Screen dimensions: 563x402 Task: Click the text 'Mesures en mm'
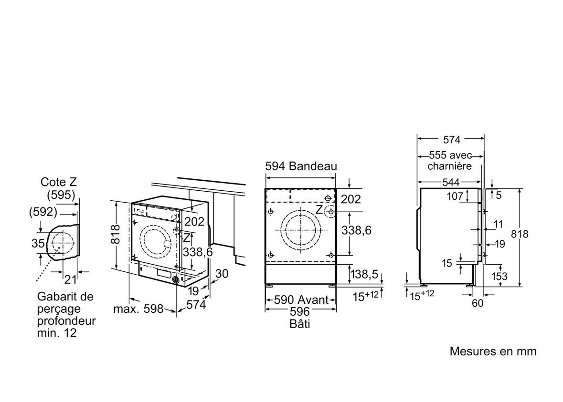pyautogui.click(x=493, y=351)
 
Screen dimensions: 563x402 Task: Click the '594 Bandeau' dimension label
pyautogui.click(x=301, y=166)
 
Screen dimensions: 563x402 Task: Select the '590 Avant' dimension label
pyautogui.click(x=301, y=300)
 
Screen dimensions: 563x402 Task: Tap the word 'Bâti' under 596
pyautogui.click(x=300, y=323)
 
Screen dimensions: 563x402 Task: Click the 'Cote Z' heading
pyautogui.click(x=59, y=182)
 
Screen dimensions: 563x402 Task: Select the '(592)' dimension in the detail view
pyautogui.click(x=43, y=212)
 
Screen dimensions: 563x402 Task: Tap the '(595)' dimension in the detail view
pyautogui.click(x=61, y=195)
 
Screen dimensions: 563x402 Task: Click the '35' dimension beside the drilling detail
pyautogui.click(x=38, y=243)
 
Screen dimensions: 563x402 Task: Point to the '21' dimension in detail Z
pyautogui.click(x=70, y=278)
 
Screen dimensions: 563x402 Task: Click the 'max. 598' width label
pyautogui.click(x=138, y=309)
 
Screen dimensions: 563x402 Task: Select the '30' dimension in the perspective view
pyautogui.click(x=222, y=274)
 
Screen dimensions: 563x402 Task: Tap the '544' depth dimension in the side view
pyautogui.click(x=451, y=183)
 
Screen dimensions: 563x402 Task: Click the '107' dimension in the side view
pyautogui.click(x=455, y=196)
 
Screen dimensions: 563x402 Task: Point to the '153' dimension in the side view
pyautogui.click(x=499, y=276)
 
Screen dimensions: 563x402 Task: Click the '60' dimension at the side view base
pyautogui.click(x=478, y=303)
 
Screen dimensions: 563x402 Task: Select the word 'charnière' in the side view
pyautogui.click(x=449, y=166)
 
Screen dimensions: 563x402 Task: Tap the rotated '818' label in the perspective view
pyautogui.click(x=116, y=234)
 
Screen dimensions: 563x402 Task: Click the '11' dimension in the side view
pyautogui.click(x=498, y=225)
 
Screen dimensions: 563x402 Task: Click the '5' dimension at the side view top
pyautogui.click(x=499, y=195)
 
